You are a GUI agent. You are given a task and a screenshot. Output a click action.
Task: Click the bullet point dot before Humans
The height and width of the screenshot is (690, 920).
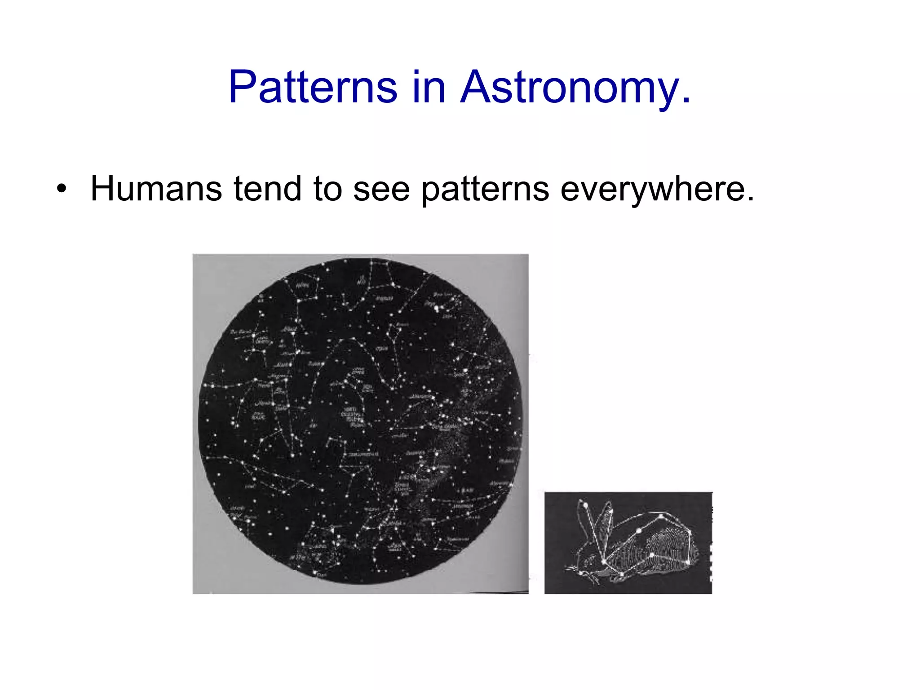tap(62, 189)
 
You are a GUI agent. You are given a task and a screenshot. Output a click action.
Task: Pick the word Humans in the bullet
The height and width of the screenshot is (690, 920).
tap(156, 189)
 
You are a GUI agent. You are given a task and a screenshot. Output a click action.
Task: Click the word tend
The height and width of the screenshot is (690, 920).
tap(268, 189)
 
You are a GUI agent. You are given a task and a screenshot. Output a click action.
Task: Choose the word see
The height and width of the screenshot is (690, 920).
tap(381, 189)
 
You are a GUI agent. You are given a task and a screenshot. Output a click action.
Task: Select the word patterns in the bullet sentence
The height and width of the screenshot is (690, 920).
tap(485, 189)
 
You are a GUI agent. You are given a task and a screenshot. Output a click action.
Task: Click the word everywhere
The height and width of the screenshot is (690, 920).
tap(651, 189)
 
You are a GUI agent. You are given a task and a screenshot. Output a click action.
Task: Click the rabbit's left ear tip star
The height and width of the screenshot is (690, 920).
tap(585, 505)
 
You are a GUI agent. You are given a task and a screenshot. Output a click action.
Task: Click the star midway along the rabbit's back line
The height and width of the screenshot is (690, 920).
tap(639, 531)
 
